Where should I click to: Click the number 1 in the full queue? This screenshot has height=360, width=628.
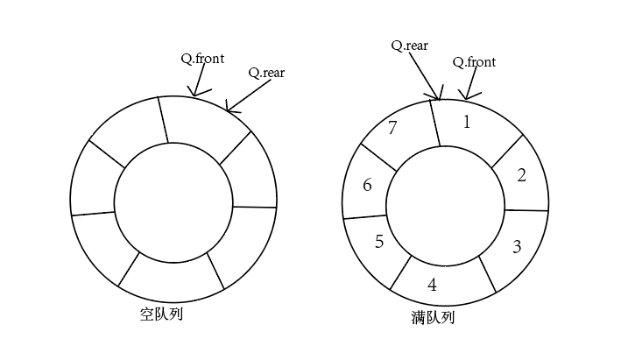click(466, 123)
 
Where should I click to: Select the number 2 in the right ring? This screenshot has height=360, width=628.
click(521, 175)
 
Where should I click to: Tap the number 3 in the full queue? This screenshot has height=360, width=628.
click(517, 246)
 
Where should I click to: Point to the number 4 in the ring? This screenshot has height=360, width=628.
click(432, 285)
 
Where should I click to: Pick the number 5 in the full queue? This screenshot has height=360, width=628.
click(379, 242)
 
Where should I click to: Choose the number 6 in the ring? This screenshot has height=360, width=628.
click(367, 185)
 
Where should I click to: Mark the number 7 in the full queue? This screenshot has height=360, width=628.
click(392, 128)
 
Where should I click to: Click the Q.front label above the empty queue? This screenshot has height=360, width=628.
click(202, 59)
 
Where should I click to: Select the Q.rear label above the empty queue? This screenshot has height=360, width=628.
click(266, 73)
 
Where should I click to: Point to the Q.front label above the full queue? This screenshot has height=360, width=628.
click(474, 62)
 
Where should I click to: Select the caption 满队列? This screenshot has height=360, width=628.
click(433, 317)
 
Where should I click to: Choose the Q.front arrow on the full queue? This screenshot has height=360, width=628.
click(470, 86)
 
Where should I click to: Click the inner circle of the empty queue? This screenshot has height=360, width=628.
click(173, 206)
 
